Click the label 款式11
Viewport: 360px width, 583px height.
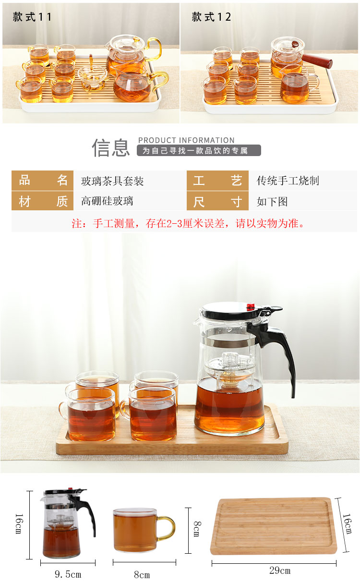coord(32,17)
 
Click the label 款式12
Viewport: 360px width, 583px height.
coord(211,17)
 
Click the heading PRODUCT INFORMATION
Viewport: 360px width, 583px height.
coord(186,140)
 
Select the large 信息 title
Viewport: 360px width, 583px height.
coord(111,147)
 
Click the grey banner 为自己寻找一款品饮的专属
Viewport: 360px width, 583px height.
coord(199,150)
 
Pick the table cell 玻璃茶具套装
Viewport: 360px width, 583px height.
coord(112,181)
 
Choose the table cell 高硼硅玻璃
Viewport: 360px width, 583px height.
coord(107,201)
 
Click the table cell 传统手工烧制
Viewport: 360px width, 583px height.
coord(288,181)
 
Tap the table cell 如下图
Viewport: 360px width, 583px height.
coord(272,202)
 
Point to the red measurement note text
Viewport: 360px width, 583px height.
coord(188,224)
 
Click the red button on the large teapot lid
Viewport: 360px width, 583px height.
coord(250,306)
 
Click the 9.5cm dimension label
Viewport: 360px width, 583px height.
coord(68,574)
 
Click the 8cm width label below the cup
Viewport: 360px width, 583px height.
coord(142,574)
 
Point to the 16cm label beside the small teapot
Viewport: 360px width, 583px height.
coord(19,523)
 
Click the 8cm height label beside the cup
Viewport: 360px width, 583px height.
coord(197,529)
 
